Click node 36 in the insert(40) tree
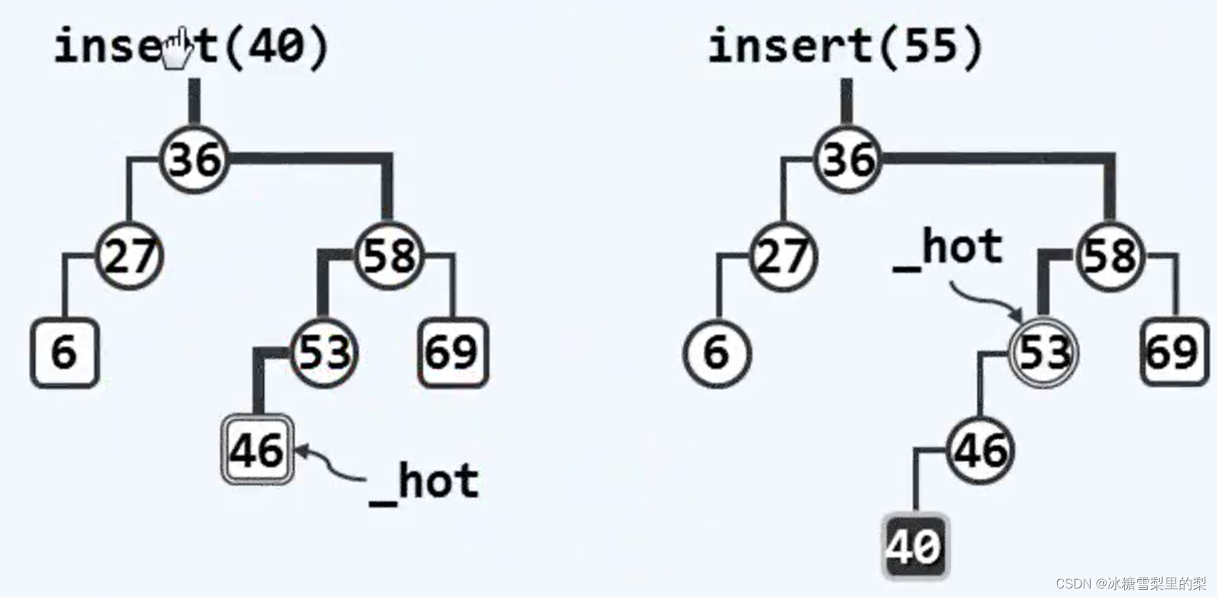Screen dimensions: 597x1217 click(x=195, y=159)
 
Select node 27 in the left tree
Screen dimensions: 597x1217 click(x=129, y=256)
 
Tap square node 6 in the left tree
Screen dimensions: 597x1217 click(x=64, y=352)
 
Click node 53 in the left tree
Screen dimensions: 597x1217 click(x=324, y=352)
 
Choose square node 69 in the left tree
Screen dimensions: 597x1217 click(x=453, y=352)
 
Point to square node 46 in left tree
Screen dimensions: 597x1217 click(x=257, y=450)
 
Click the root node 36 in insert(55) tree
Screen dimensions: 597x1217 click(x=848, y=159)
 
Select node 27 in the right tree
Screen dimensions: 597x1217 click(x=783, y=256)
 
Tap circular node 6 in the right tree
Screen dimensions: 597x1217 click(x=717, y=352)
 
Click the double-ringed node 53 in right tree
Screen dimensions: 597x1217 click(x=1044, y=352)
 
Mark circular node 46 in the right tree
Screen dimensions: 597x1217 click(x=980, y=450)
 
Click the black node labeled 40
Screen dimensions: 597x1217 click(x=915, y=546)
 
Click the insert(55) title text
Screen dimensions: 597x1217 click(x=846, y=46)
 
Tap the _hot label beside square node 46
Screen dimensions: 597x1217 click(x=425, y=483)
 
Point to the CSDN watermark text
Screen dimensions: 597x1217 click(x=1131, y=583)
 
